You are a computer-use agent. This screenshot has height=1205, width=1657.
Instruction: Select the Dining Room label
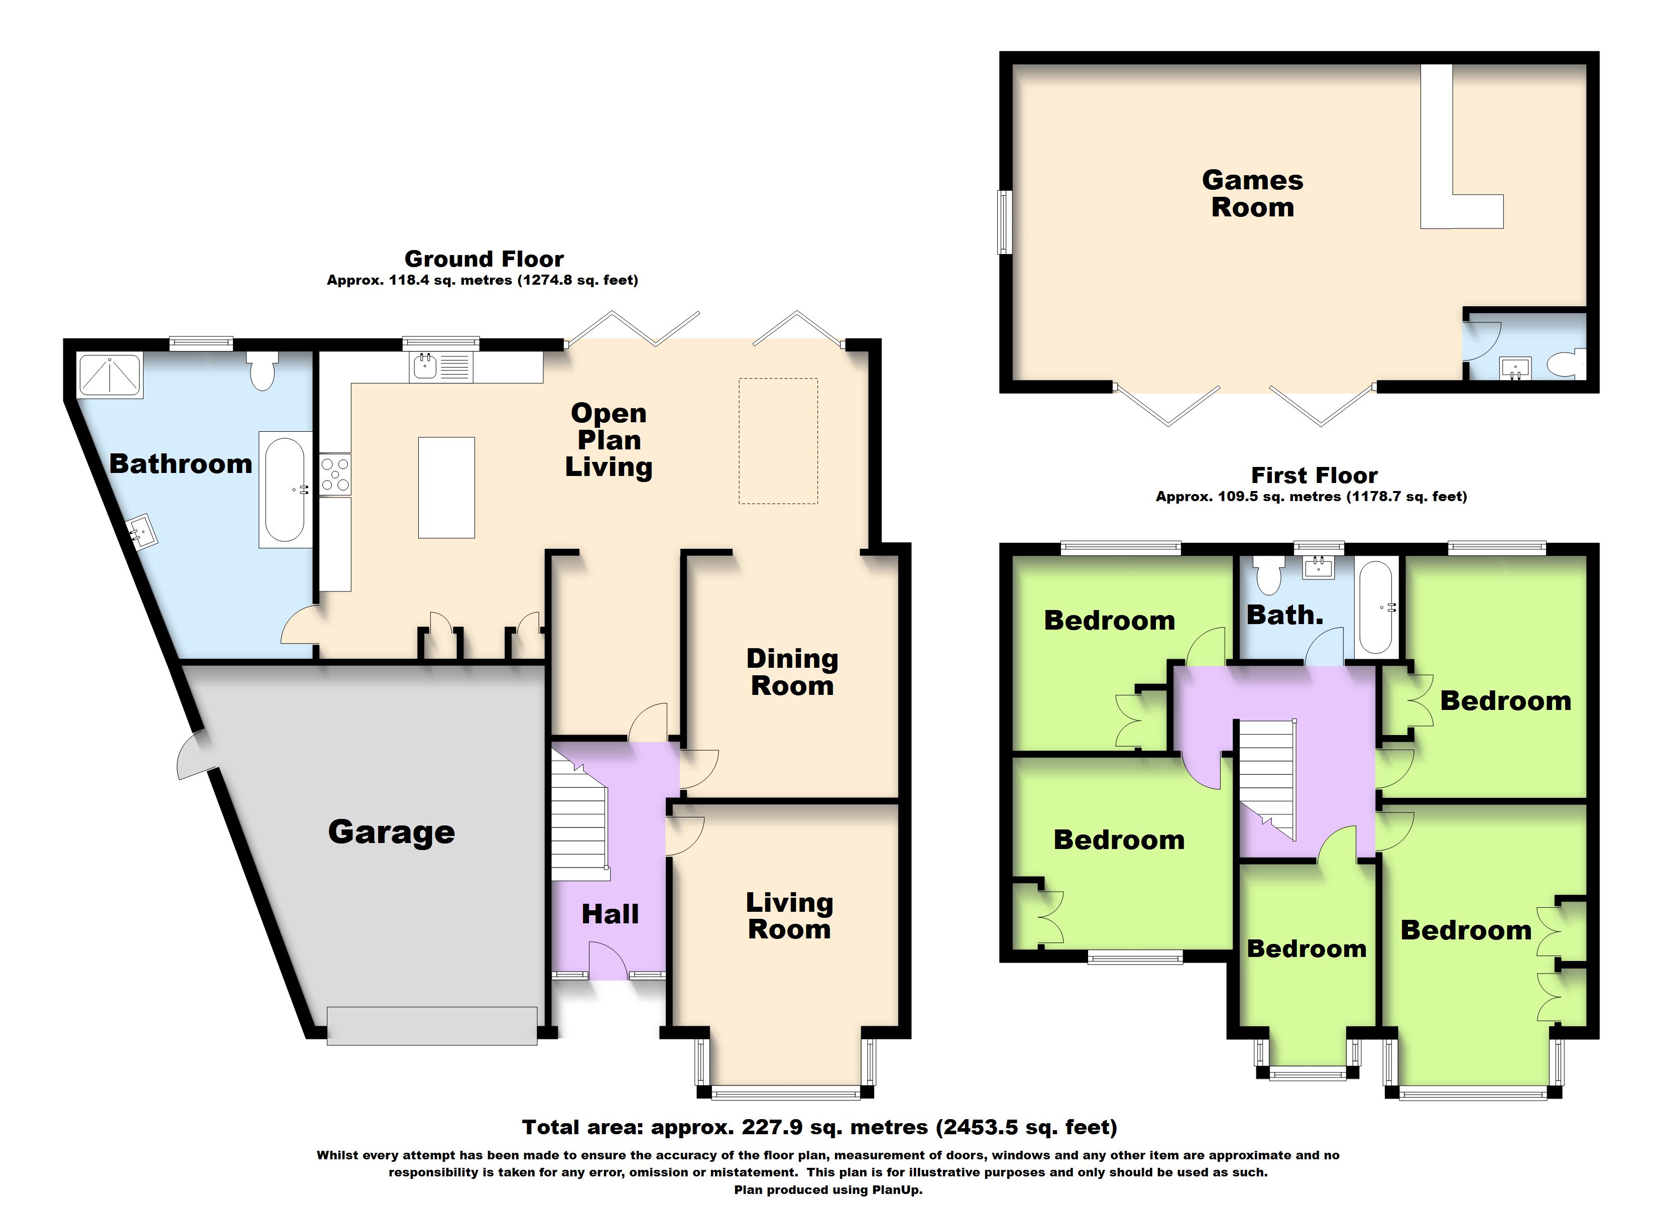pos(792,672)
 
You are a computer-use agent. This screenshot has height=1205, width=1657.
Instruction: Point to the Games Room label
pos(1252,194)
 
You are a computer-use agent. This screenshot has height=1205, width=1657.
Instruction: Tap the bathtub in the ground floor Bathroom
pos(284,489)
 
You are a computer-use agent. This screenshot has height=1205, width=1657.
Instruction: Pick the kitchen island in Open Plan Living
pos(446,488)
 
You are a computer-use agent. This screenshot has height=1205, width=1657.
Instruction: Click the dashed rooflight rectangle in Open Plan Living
pos(778,441)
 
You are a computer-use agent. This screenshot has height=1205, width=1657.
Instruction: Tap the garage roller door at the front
pos(432,1025)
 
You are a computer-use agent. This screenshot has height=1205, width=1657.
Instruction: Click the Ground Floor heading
pos(484,259)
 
